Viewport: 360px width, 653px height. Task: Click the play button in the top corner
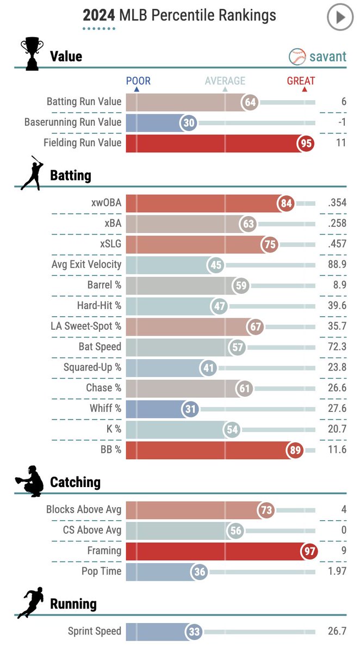(340, 18)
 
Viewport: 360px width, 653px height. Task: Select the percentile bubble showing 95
(306, 143)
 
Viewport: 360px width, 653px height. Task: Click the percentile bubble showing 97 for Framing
(309, 551)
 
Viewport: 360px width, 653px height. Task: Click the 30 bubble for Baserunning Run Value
(189, 123)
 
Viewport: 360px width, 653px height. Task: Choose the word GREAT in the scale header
(301, 81)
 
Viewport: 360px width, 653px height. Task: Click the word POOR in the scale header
(138, 81)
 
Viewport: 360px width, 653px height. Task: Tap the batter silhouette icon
(31, 173)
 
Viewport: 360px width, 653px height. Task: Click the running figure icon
(31, 602)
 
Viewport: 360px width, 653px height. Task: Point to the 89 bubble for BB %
(295, 450)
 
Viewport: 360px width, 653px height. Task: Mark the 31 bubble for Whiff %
(189, 409)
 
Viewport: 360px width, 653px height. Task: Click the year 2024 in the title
(98, 15)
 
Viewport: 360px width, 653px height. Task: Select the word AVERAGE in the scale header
(225, 81)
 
